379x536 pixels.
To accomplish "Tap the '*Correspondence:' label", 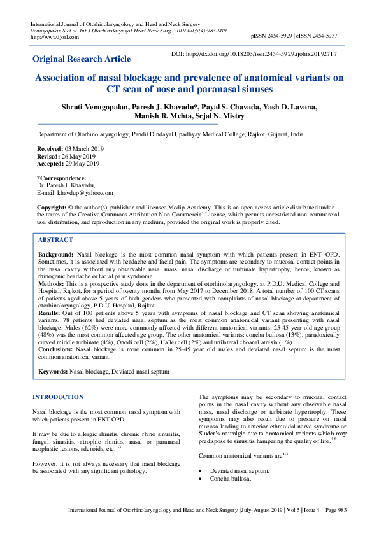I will pyautogui.click(x=62, y=178).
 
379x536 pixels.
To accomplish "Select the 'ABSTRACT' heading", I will pyautogui.click(x=55, y=240).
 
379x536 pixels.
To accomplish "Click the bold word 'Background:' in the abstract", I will pyautogui.click(x=56, y=254).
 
